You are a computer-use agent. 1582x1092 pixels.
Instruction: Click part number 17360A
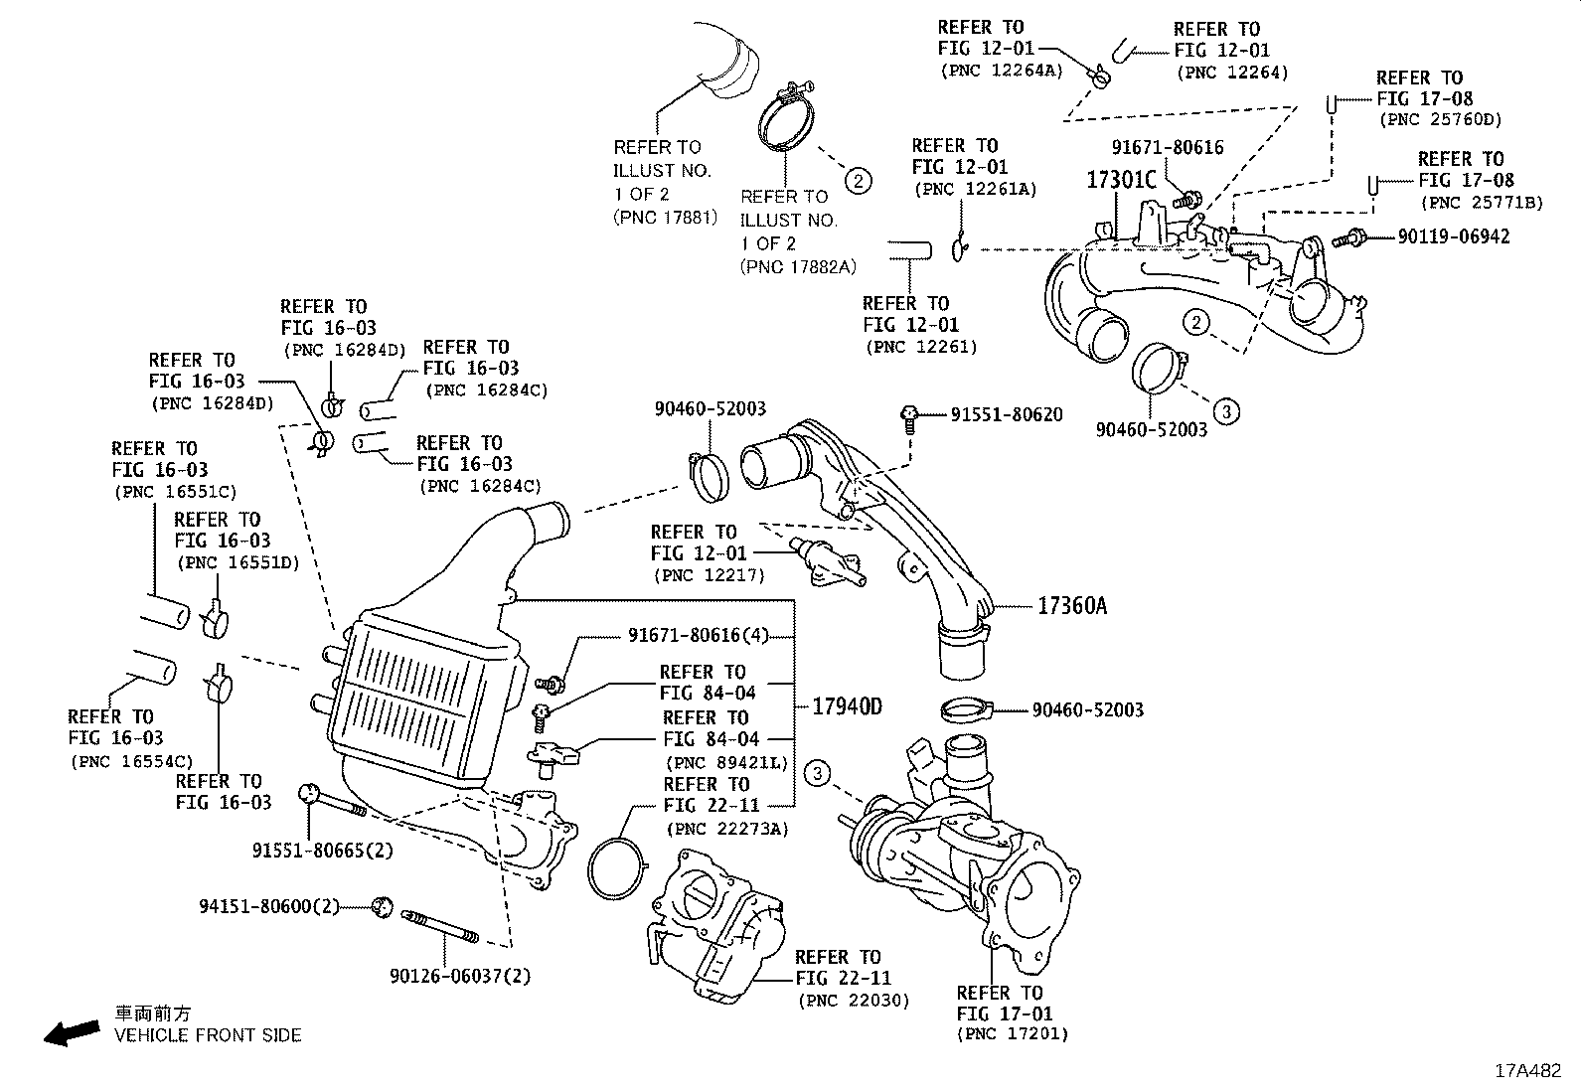(x=1071, y=605)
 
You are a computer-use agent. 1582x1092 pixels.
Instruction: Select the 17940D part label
(x=847, y=706)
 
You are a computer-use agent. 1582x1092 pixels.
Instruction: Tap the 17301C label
(x=1121, y=180)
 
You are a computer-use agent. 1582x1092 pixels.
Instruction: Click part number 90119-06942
(x=1453, y=236)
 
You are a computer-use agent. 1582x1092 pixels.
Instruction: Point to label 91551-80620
(x=1006, y=414)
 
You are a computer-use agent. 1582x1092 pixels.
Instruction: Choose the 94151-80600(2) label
(x=269, y=906)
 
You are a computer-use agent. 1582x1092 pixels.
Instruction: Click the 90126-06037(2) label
(x=460, y=976)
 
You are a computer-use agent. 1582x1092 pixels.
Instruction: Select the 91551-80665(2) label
(x=323, y=851)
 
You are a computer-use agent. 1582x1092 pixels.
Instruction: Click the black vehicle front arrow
(x=72, y=1032)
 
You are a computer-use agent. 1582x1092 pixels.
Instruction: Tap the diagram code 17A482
(x=1529, y=1071)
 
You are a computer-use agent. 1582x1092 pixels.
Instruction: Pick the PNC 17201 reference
(x=1013, y=1034)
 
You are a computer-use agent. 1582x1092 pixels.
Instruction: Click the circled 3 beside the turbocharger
(x=817, y=773)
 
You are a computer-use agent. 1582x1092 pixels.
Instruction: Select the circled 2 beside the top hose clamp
(x=858, y=180)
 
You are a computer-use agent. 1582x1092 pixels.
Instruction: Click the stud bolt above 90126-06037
(x=440, y=926)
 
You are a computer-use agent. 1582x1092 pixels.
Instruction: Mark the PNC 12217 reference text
(x=708, y=574)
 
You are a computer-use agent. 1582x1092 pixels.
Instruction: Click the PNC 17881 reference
(x=665, y=217)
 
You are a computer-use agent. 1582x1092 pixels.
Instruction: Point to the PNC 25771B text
(x=1482, y=202)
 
